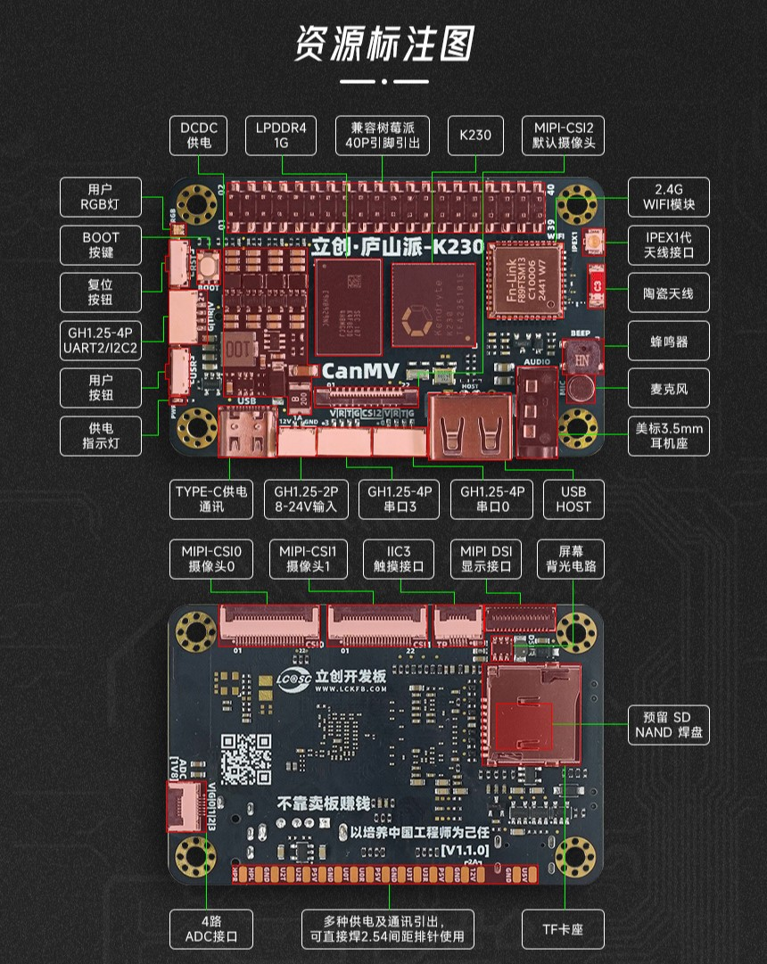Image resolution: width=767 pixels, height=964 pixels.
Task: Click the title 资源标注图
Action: tap(383, 44)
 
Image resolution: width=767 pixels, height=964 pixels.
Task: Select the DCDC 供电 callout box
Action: tap(198, 136)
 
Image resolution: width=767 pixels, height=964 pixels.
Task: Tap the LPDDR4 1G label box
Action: tap(281, 136)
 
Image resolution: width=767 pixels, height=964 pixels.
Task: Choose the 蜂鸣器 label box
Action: tap(669, 342)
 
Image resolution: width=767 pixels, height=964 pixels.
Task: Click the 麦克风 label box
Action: tap(669, 389)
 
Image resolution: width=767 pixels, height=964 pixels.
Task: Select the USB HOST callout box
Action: tap(573, 499)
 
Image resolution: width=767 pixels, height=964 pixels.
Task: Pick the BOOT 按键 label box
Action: tap(101, 245)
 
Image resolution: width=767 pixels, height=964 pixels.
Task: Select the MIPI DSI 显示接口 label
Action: tap(486, 558)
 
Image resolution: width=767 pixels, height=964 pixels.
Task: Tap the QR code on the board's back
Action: tap(246, 758)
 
